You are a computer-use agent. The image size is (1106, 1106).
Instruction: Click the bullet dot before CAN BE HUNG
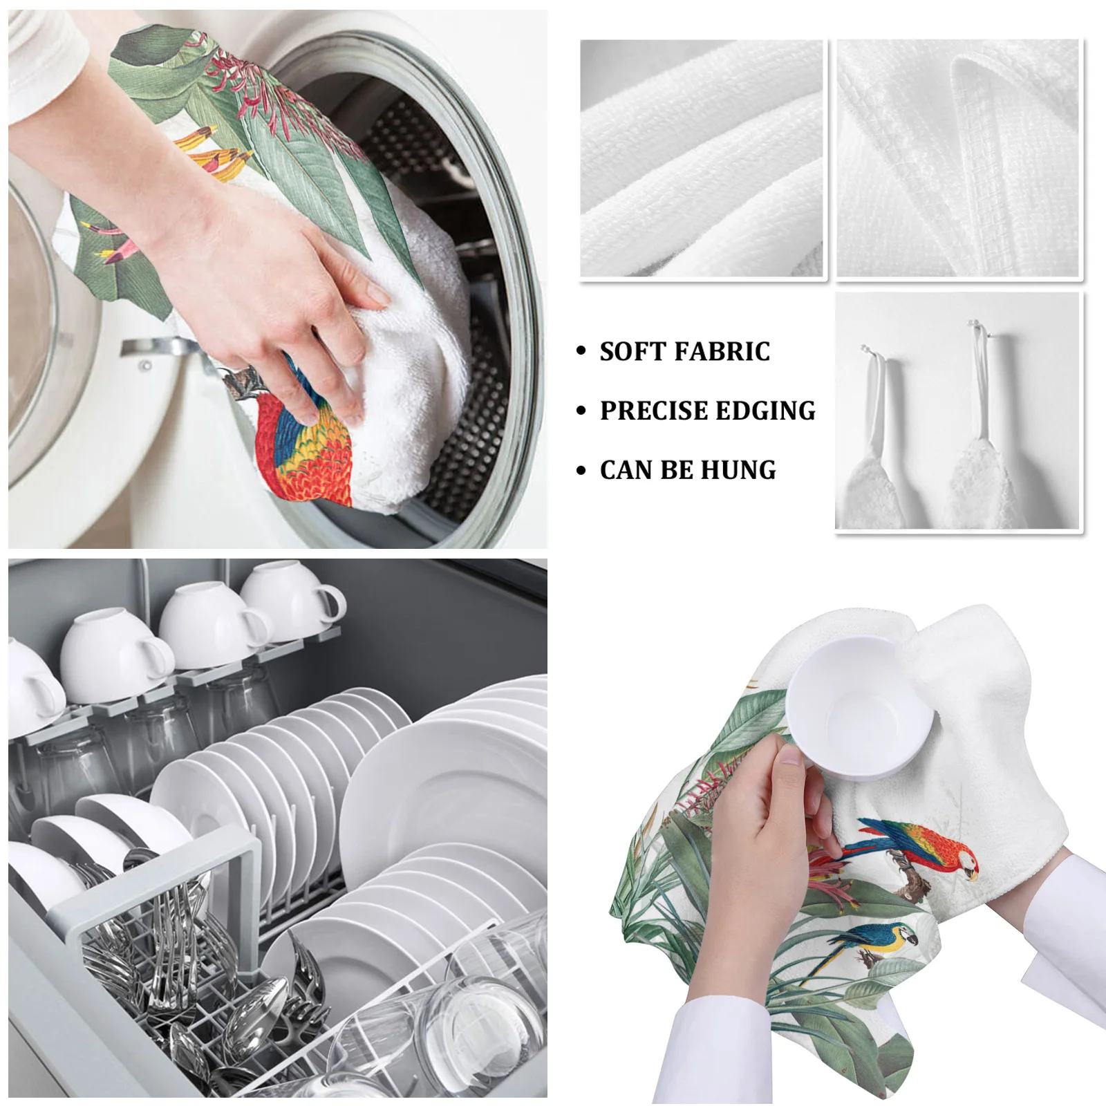pyautogui.click(x=581, y=471)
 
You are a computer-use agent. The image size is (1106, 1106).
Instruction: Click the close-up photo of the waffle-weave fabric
pyautogui.click(x=958, y=159)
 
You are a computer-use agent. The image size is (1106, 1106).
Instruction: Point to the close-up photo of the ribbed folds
pyautogui.click(x=702, y=159)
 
